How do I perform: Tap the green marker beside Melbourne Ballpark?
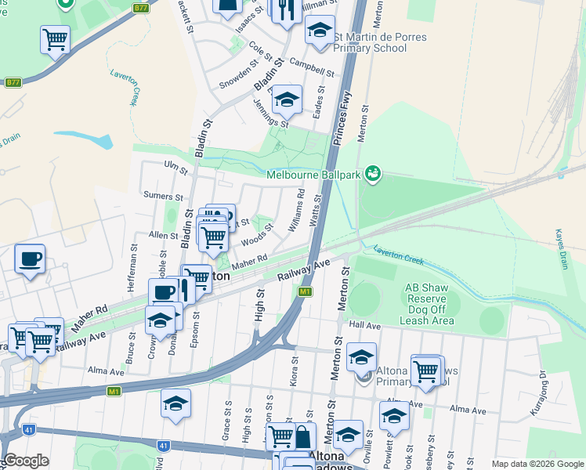(x=373, y=173)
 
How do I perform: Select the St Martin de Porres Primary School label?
(x=370, y=42)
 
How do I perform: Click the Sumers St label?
(x=163, y=196)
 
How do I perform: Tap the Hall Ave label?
(x=365, y=325)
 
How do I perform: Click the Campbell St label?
(x=312, y=67)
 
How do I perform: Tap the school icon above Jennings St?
(x=287, y=99)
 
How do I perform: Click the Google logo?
(x=27, y=461)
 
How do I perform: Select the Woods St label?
(x=256, y=234)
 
